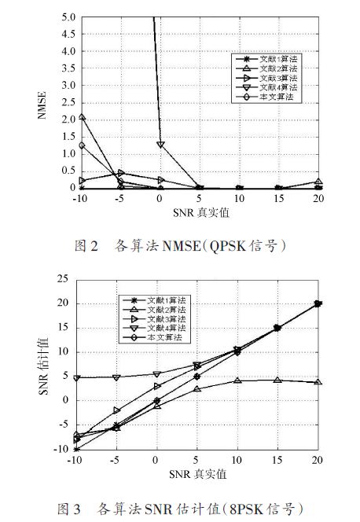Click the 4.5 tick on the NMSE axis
point(68,34)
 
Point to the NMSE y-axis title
point(42,105)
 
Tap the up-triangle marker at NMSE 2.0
point(82,117)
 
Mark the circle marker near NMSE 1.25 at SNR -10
point(82,145)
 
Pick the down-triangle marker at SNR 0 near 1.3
point(160,145)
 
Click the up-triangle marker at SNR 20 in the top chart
point(318,182)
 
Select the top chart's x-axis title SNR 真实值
point(201,212)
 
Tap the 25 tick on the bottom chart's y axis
point(63,278)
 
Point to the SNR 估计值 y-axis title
point(43,367)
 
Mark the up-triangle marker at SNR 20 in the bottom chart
point(318,382)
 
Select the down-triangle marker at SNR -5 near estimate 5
point(116,377)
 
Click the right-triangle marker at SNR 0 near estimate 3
point(157,386)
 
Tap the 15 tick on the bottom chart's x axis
point(277,460)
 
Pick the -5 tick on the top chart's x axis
point(119,198)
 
